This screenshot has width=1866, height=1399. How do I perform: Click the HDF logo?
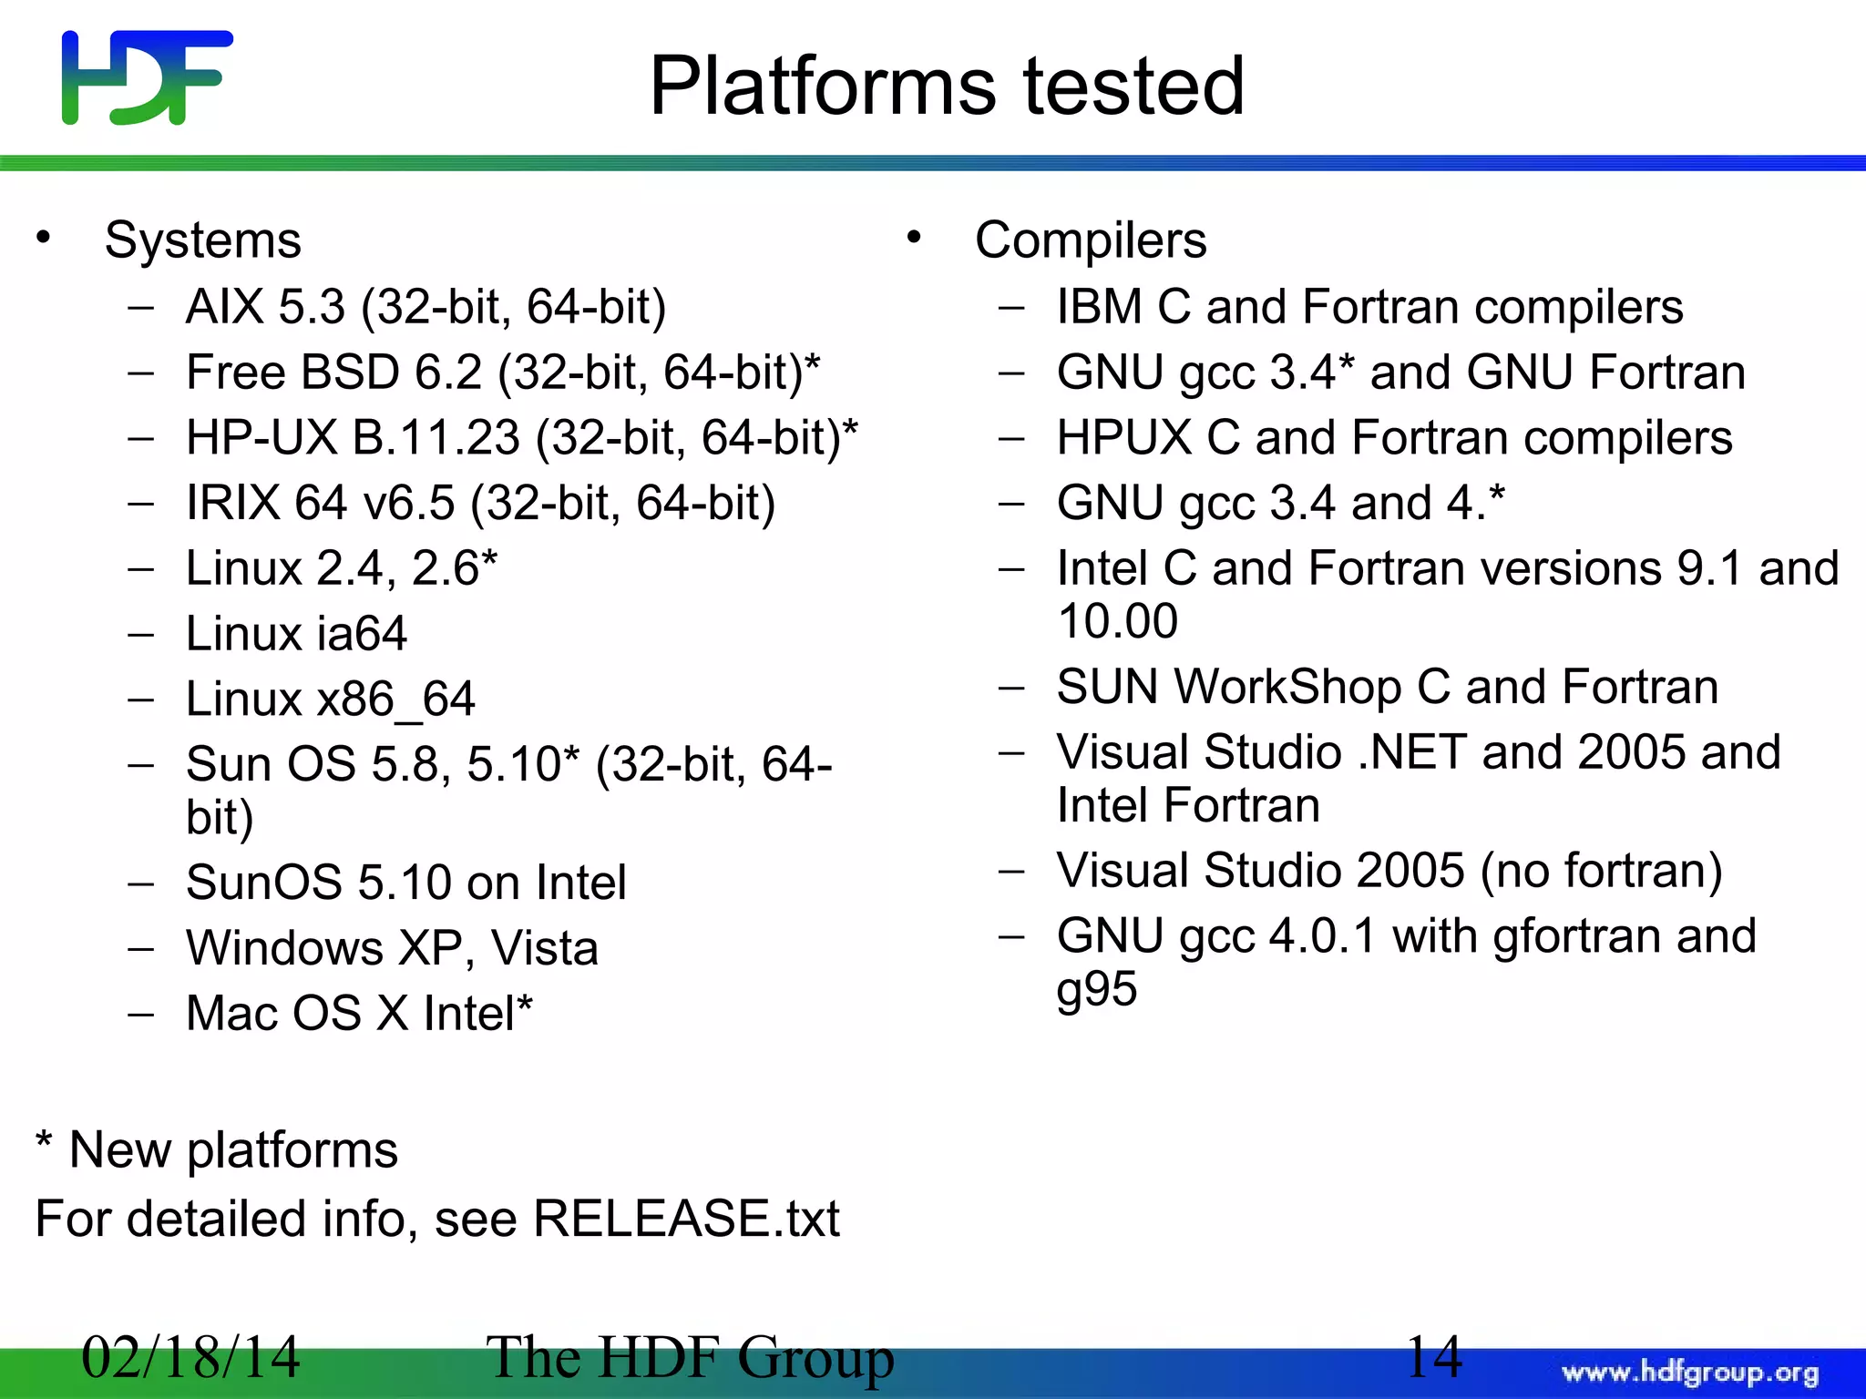[147, 77]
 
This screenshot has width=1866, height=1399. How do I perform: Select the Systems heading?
[202, 240]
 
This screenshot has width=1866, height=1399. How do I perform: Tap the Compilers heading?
[1091, 240]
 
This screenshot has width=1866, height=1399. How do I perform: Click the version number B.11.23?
[436, 438]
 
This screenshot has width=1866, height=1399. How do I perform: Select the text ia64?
[362, 634]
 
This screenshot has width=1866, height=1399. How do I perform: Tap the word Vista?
[545, 948]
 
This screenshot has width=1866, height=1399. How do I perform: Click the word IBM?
[1099, 307]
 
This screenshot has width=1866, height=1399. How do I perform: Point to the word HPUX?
[1124, 438]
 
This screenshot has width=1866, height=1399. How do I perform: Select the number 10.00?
[1118, 621]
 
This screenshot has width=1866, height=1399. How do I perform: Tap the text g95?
[1097, 989]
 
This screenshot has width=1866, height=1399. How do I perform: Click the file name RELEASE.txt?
[686, 1219]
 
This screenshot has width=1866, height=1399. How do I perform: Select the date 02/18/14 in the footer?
[190, 1356]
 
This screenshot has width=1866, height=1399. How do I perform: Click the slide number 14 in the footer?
[1434, 1356]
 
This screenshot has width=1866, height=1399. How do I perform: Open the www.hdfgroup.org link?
[1690, 1372]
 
